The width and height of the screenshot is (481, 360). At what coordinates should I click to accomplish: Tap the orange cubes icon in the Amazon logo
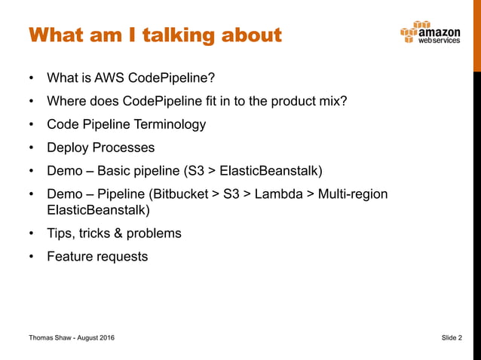[x=408, y=34]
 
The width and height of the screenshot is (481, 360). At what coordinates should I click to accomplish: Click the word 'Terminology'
[x=168, y=124]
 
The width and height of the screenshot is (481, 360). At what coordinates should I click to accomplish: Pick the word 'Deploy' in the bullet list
[x=67, y=148]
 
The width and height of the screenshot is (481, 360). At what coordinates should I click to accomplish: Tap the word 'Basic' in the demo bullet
[x=115, y=171]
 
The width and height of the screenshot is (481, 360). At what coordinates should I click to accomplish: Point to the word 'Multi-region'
[x=353, y=194]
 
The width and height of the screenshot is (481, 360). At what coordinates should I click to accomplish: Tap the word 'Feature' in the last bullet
[x=70, y=256]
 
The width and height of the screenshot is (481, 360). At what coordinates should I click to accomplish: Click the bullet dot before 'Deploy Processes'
[x=31, y=148]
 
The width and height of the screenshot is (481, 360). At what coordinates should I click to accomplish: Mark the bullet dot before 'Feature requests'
[x=31, y=257]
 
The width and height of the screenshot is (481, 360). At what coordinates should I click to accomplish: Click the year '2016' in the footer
[x=106, y=339]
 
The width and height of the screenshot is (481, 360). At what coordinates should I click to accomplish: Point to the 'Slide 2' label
[x=452, y=339]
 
